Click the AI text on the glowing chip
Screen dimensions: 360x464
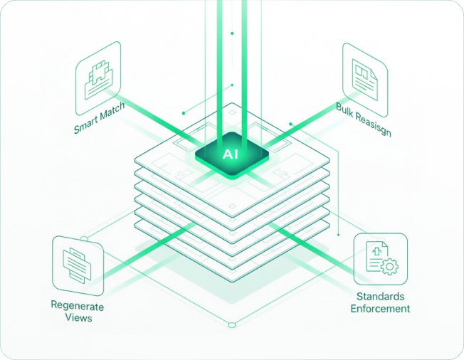coord(231,153)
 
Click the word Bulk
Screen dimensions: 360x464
coord(346,108)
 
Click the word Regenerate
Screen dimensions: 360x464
coord(77,306)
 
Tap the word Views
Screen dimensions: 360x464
coord(77,318)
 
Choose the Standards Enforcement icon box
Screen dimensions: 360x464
coord(380,258)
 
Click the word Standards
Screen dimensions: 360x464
coord(380,296)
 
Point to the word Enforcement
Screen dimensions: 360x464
coord(380,309)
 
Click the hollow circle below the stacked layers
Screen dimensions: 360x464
coord(231,325)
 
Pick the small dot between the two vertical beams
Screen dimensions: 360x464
coord(231,33)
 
